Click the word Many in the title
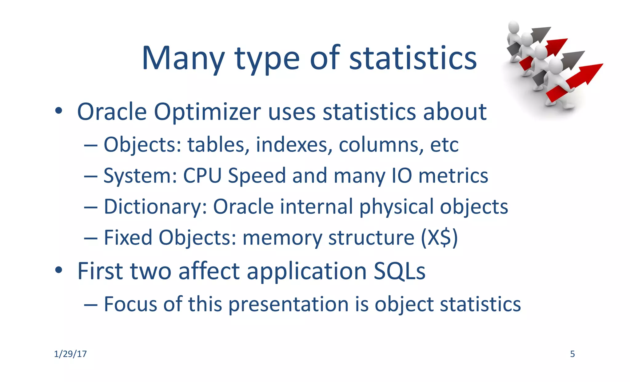click(x=183, y=58)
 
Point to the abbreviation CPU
click(x=202, y=175)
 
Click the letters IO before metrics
click(x=401, y=175)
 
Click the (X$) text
click(x=439, y=238)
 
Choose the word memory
click(x=282, y=238)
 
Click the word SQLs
click(x=399, y=271)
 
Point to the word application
click(x=306, y=271)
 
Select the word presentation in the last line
click(x=289, y=304)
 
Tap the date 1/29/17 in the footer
click(x=70, y=354)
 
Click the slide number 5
click(x=572, y=354)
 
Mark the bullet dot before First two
click(x=58, y=270)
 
